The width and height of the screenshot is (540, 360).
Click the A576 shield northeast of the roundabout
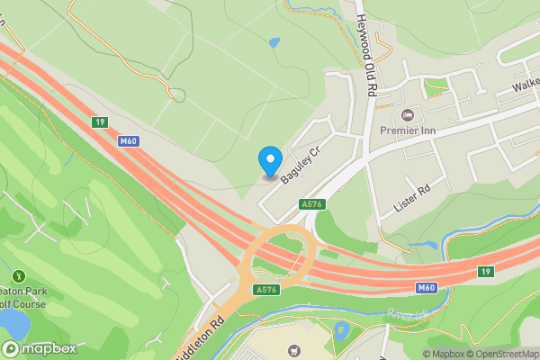(312, 204)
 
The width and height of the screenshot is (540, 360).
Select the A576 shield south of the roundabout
(265, 289)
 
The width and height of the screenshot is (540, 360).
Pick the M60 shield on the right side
(427, 287)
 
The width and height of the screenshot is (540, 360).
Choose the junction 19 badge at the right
(486, 271)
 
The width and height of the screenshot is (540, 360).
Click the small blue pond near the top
(274, 41)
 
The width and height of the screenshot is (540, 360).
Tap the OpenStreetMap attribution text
(502, 354)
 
